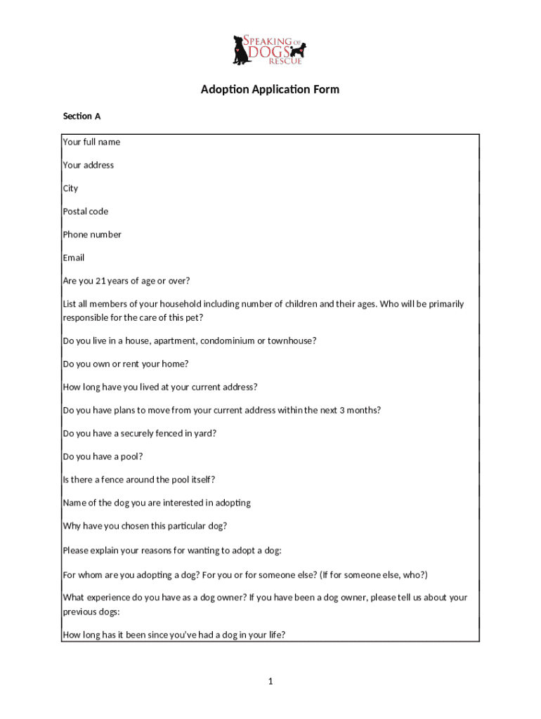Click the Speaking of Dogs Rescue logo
(x=270, y=49)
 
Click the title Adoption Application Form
(x=270, y=90)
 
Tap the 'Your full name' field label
(x=91, y=142)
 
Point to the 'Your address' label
(x=88, y=165)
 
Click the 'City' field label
(x=70, y=188)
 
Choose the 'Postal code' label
(x=86, y=211)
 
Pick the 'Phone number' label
(x=92, y=235)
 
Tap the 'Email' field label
(x=74, y=258)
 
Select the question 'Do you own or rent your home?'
(x=126, y=364)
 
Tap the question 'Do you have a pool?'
(x=103, y=457)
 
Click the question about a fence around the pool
(x=138, y=480)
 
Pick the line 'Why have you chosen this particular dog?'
(x=145, y=527)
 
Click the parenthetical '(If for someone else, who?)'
(x=373, y=575)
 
